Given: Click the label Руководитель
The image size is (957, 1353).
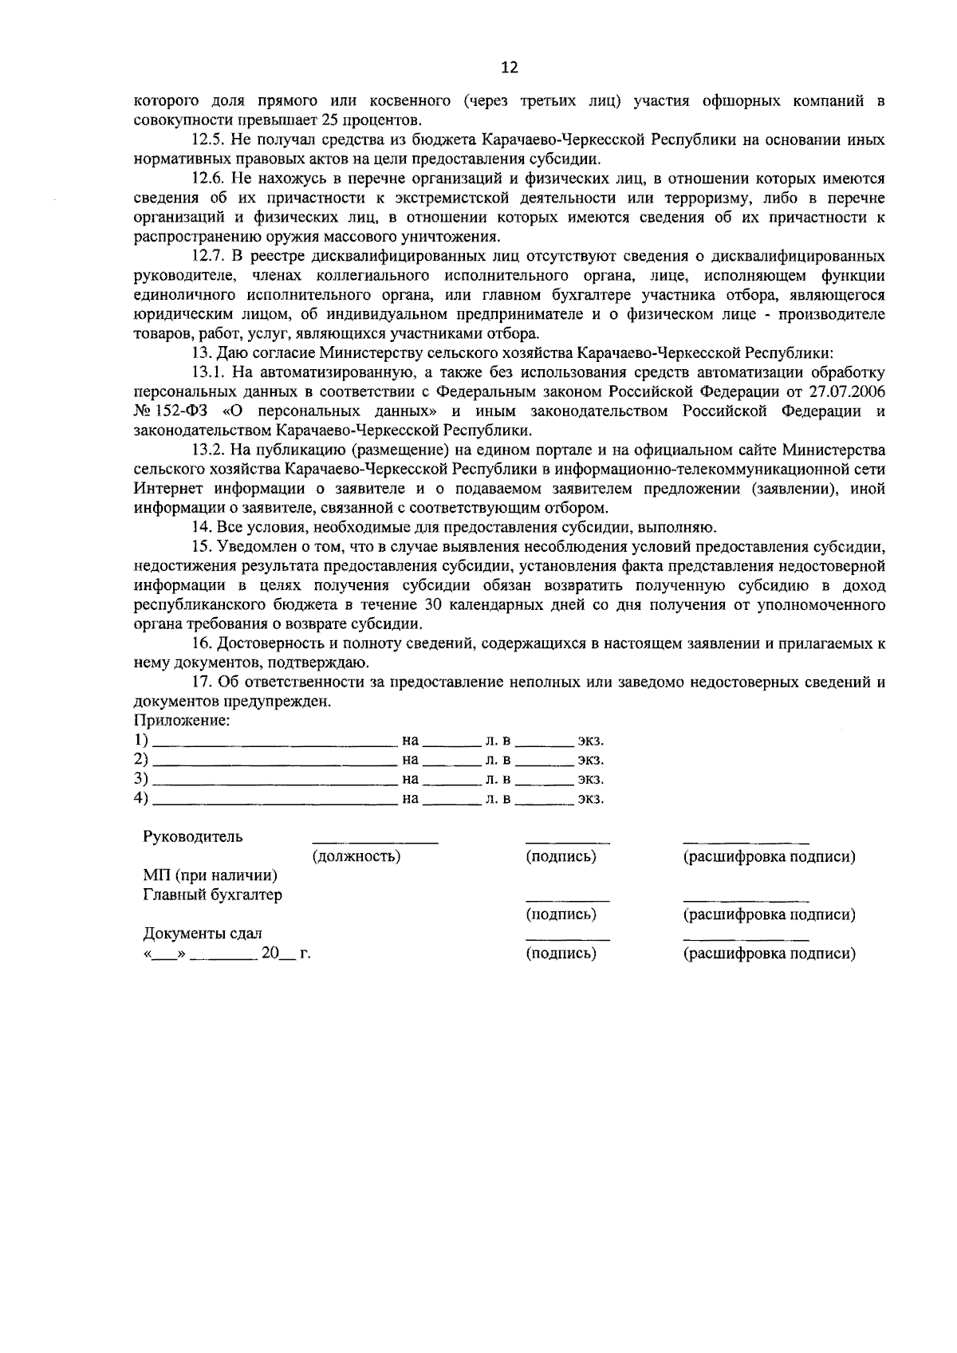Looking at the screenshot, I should [193, 837].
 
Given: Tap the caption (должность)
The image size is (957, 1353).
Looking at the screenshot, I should [356, 857].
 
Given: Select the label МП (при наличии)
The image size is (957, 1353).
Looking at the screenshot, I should [211, 876].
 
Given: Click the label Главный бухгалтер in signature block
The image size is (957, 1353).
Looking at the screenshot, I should [212, 895].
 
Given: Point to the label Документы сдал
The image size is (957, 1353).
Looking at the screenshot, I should [203, 934].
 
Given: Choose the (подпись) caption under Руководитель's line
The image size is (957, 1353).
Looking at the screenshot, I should [561, 857].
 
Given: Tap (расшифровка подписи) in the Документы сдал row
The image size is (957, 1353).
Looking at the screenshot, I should [769, 954].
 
